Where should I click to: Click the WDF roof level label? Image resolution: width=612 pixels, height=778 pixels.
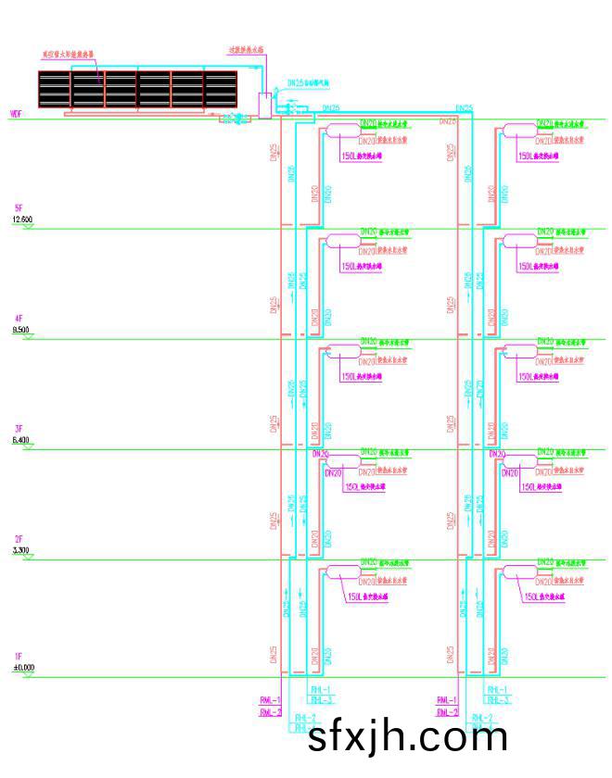tap(15, 114)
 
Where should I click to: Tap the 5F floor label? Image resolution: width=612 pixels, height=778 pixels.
tap(19, 208)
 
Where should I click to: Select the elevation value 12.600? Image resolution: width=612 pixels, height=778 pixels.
tap(22, 219)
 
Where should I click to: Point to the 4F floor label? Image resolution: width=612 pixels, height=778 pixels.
tap(19, 319)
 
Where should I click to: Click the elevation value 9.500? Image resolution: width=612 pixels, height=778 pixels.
tap(20, 329)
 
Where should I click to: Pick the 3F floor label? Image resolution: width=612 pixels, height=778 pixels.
tap(19, 429)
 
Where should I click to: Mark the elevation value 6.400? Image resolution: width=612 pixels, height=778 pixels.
tap(20, 439)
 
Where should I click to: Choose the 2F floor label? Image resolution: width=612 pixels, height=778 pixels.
tap(19, 539)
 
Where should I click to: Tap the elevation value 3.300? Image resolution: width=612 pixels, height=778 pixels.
tap(20, 550)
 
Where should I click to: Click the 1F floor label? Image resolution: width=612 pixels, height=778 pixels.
tap(19, 657)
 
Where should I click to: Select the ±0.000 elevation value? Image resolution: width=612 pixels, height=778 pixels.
tap(22, 667)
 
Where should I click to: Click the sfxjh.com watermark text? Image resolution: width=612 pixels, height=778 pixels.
tap(407, 738)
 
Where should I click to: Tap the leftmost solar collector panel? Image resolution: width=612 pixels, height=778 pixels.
tap(55, 89)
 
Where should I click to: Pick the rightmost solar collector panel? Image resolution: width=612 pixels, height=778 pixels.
tap(220, 89)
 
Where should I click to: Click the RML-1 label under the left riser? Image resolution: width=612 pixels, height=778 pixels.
tap(270, 699)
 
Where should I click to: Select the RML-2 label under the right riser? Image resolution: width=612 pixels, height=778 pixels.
tap(447, 711)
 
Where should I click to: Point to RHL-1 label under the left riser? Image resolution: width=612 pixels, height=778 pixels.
tap(320, 690)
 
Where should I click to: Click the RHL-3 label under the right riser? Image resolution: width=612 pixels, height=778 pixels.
tap(497, 700)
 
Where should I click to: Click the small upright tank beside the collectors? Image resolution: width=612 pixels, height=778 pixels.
tap(264, 105)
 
